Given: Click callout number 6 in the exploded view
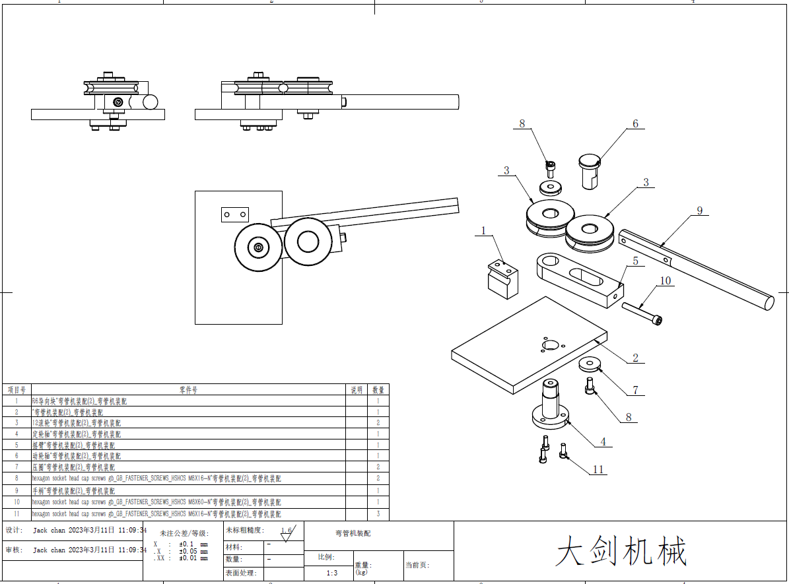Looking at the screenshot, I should (x=635, y=123).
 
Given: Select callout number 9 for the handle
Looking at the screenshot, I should (x=700, y=211).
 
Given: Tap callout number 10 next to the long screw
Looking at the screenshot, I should (x=665, y=280).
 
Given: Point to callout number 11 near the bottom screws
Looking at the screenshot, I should (x=598, y=469).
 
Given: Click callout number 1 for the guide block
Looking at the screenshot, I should (x=483, y=231).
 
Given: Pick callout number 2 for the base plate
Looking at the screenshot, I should (x=635, y=358).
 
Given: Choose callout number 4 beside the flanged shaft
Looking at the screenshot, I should (x=602, y=441).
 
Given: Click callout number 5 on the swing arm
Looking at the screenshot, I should (x=635, y=261).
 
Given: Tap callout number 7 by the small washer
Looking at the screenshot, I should (x=635, y=390).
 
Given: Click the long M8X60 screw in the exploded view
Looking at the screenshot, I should (x=641, y=313).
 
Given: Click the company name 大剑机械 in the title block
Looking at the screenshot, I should (x=621, y=551).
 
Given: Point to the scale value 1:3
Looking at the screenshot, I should (x=332, y=573).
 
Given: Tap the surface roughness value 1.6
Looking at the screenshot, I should (x=287, y=530).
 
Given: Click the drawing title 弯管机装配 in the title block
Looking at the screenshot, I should (x=353, y=533).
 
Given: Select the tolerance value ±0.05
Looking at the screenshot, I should (x=193, y=551).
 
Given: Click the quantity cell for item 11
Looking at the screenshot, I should (x=378, y=513).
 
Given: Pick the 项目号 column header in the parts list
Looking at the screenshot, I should (x=17, y=390).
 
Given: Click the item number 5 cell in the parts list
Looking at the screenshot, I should (x=17, y=445).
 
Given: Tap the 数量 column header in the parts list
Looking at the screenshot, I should (x=378, y=390).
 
